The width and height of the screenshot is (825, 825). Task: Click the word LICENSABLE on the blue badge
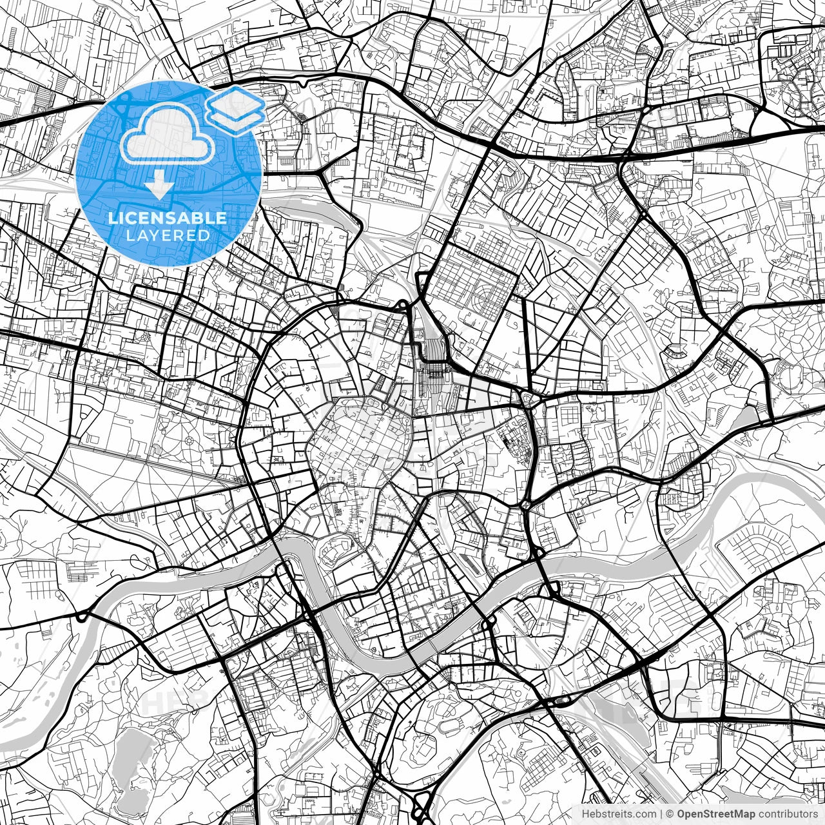(x=168, y=218)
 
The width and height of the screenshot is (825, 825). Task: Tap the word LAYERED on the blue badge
(x=168, y=235)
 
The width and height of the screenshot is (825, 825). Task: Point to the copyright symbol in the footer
(x=670, y=813)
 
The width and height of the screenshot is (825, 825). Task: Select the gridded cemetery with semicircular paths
(x=477, y=290)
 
